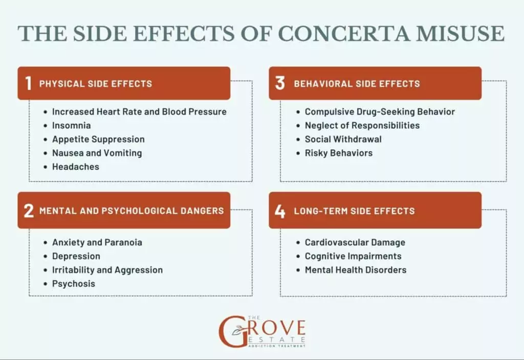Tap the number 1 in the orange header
coord(28,83)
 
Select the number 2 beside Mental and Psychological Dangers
coord(29,210)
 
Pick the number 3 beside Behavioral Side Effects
coord(280,83)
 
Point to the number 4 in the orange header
coord(280,210)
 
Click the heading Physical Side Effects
coord(96,83)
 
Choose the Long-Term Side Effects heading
coord(354,211)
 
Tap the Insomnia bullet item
coord(72,125)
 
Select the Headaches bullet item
coord(75,167)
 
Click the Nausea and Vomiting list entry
coord(97,153)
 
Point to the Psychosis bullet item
coord(74,284)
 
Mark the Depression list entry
coord(76,256)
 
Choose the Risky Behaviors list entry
coord(339,153)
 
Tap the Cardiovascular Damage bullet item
coord(355,242)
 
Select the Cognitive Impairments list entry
coord(353,256)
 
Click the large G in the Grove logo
coord(229,331)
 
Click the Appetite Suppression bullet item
coord(98,139)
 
